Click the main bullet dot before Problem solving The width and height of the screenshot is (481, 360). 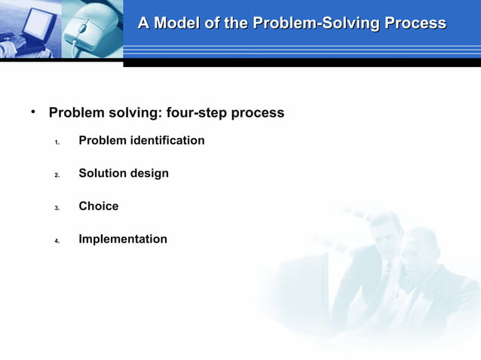33,112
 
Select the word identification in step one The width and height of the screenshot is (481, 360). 167,141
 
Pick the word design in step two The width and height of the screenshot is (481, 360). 149,174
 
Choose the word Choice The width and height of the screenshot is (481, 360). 99,206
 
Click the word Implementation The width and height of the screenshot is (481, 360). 123,239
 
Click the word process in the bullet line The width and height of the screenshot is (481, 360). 257,113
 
